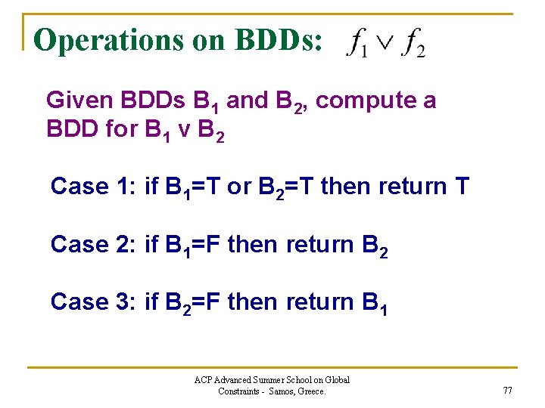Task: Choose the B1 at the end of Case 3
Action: tap(375, 303)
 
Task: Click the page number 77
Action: tap(506, 391)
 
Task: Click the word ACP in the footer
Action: tap(204, 380)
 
